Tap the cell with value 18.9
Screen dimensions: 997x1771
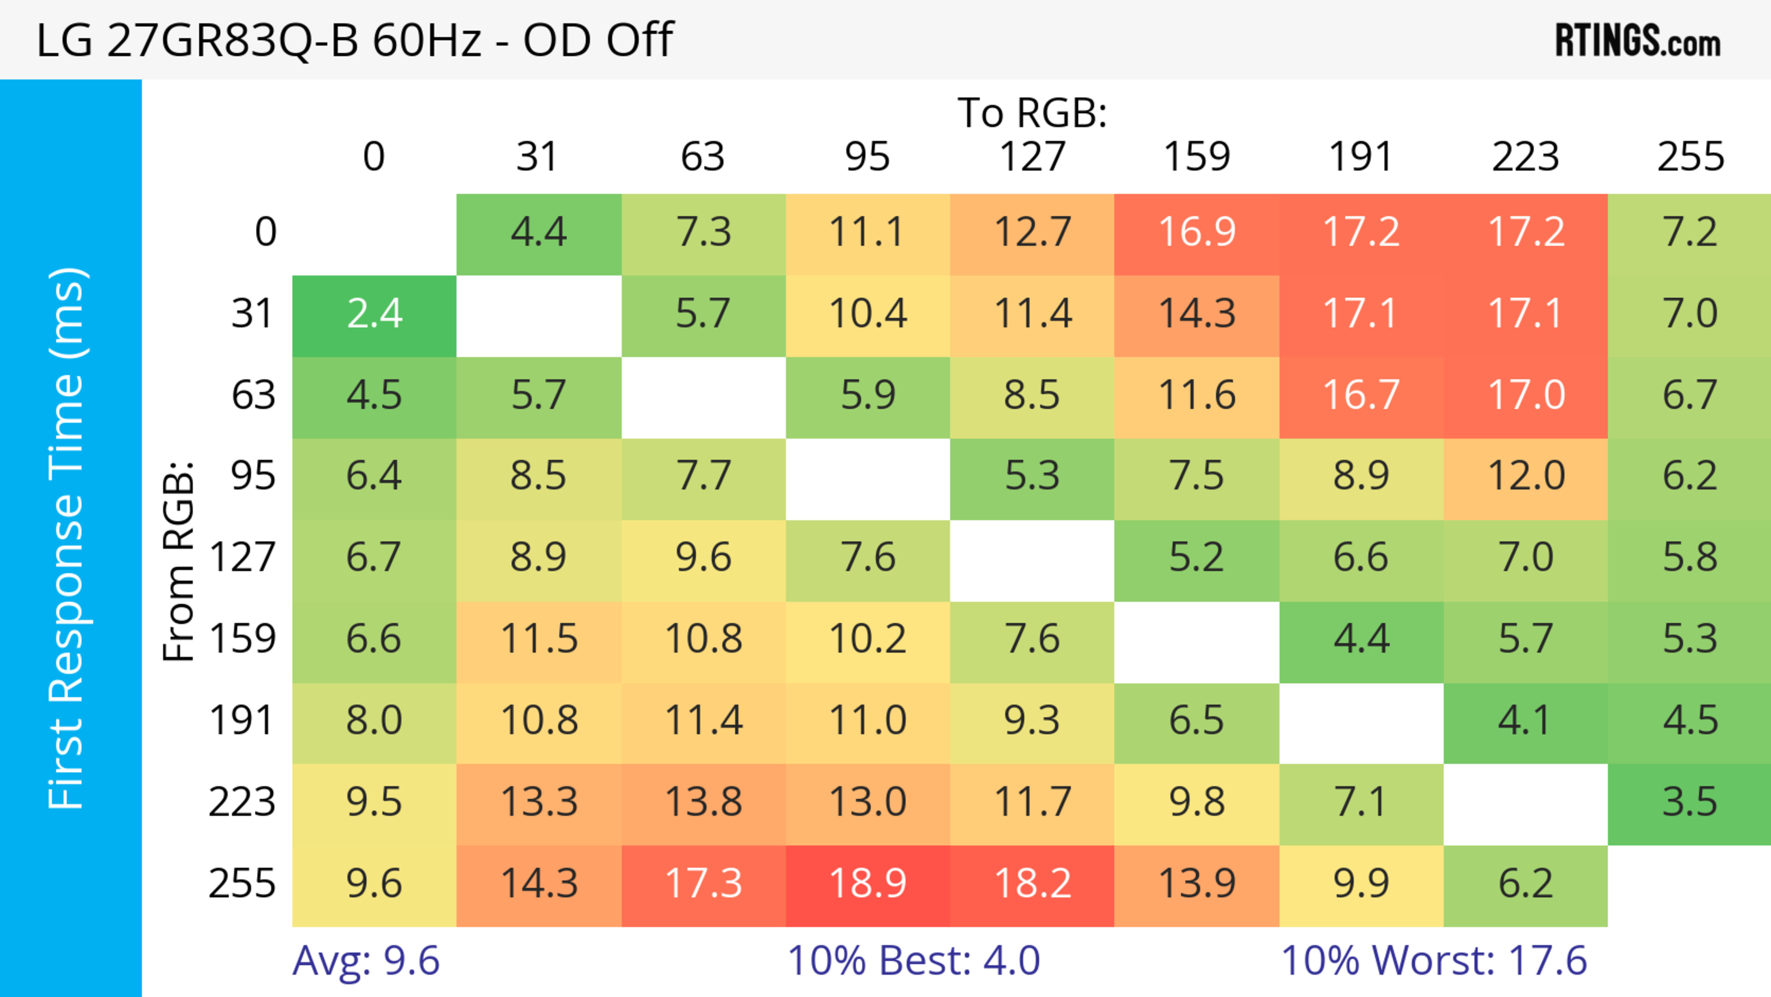pyautogui.click(x=868, y=884)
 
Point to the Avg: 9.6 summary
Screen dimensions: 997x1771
pyautogui.click(x=366, y=961)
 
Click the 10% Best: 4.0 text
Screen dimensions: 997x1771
pyautogui.click(x=913, y=961)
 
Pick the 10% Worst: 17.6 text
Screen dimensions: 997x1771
pyautogui.click(x=1433, y=961)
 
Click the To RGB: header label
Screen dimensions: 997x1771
pyautogui.click(x=1032, y=113)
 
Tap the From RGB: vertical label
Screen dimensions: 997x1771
pyautogui.click(x=178, y=561)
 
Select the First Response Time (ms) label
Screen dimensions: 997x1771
pyautogui.click(x=67, y=537)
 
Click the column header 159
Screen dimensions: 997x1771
pyautogui.click(x=1196, y=157)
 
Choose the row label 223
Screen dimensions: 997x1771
pyautogui.click(x=242, y=802)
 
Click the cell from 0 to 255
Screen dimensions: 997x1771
pyautogui.click(x=1689, y=233)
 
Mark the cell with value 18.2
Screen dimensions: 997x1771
pyautogui.click(x=1032, y=884)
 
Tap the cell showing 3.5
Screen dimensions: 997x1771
pyautogui.click(x=1689, y=802)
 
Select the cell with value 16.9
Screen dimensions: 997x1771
pyautogui.click(x=1196, y=233)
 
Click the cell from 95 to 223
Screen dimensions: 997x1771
pyautogui.click(x=1526, y=477)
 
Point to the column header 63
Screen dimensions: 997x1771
pyautogui.click(x=702, y=157)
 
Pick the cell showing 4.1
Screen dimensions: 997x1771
pyautogui.click(x=1526, y=721)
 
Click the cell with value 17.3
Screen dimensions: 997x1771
pyautogui.click(x=702, y=884)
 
